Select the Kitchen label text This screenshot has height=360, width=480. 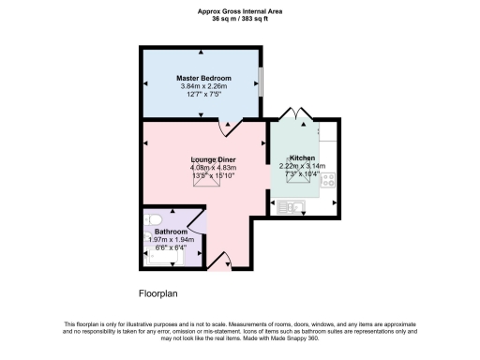click(302, 157)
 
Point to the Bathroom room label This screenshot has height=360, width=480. click(171, 231)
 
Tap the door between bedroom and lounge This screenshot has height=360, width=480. click(231, 126)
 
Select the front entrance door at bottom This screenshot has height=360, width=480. click(218, 264)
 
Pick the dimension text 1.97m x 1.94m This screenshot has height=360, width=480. click(171, 239)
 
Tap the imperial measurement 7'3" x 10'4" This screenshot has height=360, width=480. click(302, 174)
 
